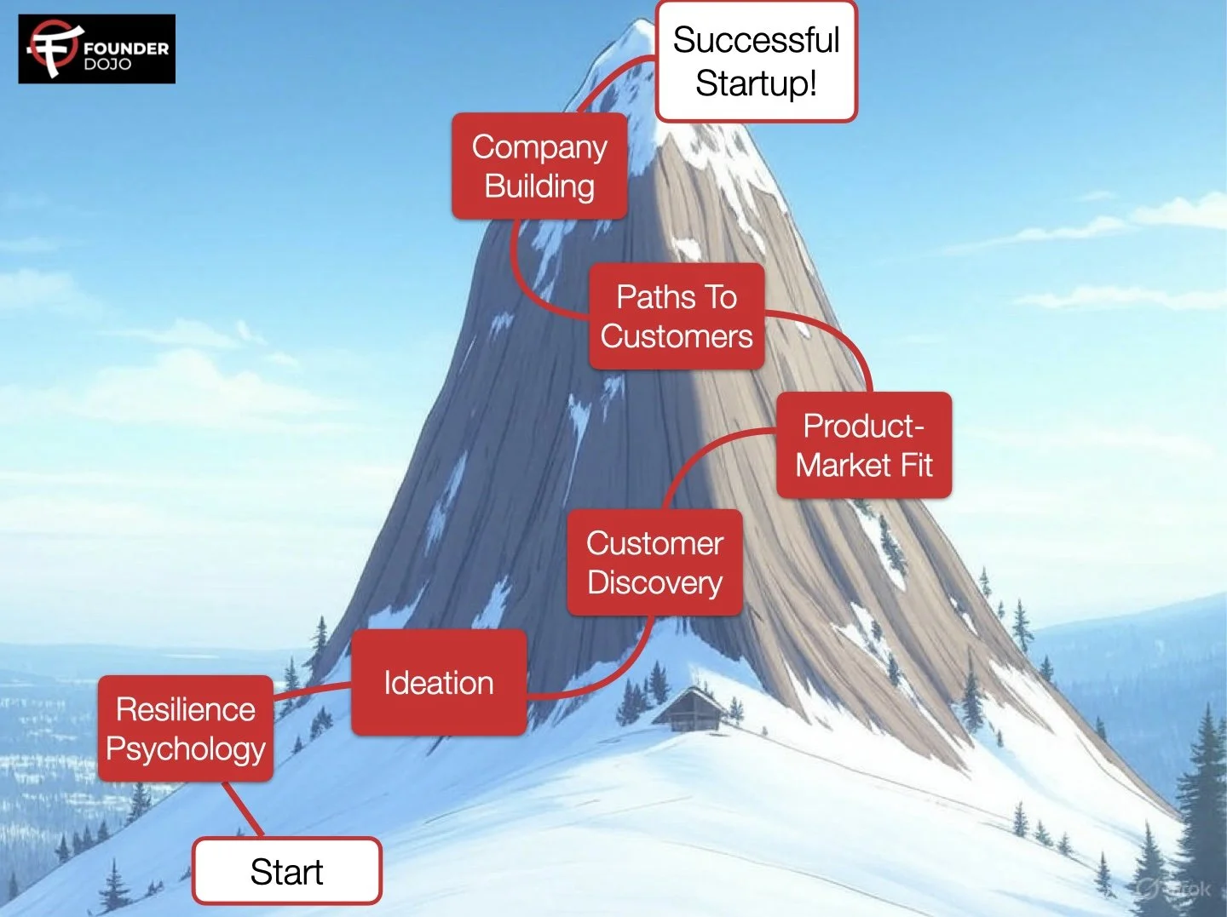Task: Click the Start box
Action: click(287, 871)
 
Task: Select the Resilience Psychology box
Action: click(186, 729)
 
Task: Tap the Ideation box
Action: click(439, 683)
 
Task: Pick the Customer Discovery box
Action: click(654, 563)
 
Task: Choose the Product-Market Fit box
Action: click(864, 445)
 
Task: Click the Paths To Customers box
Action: click(677, 317)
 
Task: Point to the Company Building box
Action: click(539, 166)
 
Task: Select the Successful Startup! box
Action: click(756, 61)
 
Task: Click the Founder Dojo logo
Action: click(96, 49)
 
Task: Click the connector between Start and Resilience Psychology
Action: click(243, 809)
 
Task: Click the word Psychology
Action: click(186, 749)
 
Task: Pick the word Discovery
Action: click(654, 583)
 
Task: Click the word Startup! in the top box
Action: click(756, 83)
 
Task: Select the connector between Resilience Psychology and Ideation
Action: click(312, 691)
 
